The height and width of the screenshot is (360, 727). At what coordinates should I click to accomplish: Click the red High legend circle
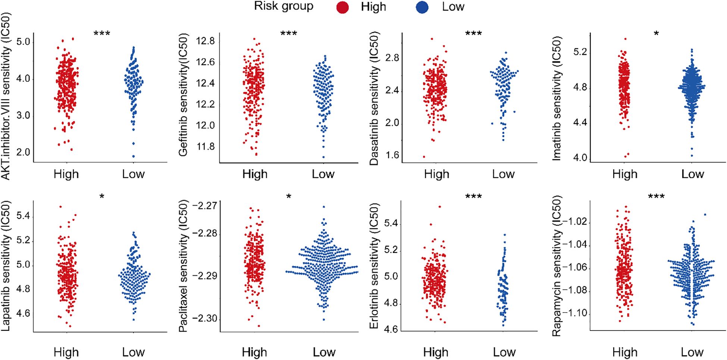342,7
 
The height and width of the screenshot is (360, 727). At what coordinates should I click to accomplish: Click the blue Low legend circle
422,7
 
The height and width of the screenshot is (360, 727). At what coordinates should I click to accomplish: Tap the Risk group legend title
283,6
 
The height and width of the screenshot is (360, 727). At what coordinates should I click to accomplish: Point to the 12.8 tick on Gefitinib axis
206,41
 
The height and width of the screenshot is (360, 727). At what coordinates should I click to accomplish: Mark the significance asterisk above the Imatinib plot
656,34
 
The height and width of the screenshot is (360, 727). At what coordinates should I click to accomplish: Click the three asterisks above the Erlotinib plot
473,197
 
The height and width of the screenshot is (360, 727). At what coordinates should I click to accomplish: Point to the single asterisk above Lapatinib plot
102,197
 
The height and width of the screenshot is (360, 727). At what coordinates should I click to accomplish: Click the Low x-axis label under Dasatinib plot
503,174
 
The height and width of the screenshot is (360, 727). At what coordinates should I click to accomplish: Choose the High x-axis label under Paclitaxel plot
254,352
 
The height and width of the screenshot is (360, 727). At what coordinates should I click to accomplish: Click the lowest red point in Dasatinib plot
424,157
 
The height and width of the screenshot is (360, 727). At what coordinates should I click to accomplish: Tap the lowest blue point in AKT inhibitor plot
133,156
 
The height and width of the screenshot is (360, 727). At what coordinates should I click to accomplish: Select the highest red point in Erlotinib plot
440,206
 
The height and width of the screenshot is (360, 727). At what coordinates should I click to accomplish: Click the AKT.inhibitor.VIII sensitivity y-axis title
6,96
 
